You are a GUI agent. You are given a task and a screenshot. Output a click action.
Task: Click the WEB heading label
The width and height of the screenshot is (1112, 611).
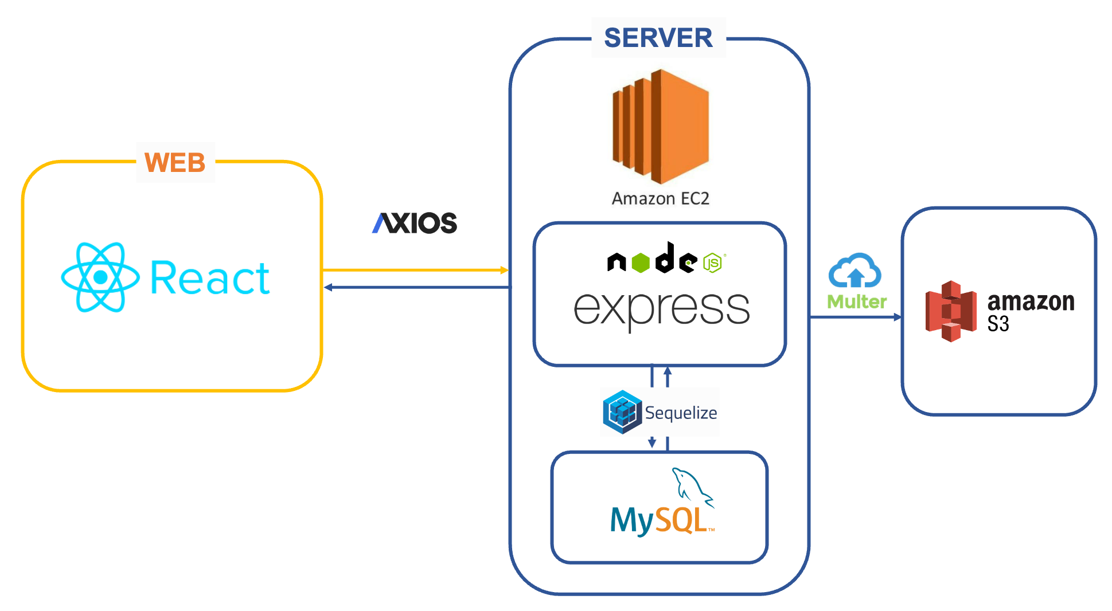[175, 163]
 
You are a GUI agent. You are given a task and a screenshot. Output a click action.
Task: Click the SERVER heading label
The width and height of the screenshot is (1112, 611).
[658, 38]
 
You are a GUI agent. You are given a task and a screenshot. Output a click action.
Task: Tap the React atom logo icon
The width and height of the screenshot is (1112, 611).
[100, 277]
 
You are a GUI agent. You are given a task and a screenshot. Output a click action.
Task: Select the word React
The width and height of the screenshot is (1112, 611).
[209, 279]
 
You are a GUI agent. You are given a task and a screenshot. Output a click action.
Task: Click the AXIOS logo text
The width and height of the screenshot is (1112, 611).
[415, 223]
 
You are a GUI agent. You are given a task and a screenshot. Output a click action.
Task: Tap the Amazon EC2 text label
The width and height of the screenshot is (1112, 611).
[660, 199]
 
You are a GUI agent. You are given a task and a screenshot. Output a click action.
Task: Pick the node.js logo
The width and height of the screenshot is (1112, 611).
[665, 259]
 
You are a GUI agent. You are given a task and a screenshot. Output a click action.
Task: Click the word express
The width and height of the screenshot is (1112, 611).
[661, 308]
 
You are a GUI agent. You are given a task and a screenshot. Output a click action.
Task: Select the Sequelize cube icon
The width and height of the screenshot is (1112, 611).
[622, 412]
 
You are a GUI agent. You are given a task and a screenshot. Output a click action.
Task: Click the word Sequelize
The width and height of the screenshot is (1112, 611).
[681, 413]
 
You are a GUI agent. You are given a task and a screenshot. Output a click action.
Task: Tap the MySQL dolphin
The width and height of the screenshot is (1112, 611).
[692, 486]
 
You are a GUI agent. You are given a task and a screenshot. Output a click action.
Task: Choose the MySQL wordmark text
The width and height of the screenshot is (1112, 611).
[660, 520]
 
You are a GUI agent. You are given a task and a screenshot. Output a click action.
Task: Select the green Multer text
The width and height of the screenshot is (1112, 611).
[856, 302]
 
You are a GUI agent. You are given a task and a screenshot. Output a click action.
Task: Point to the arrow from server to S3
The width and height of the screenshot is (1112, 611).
[855, 317]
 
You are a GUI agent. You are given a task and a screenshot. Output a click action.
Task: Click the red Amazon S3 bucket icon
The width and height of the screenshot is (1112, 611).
[950, 311]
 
